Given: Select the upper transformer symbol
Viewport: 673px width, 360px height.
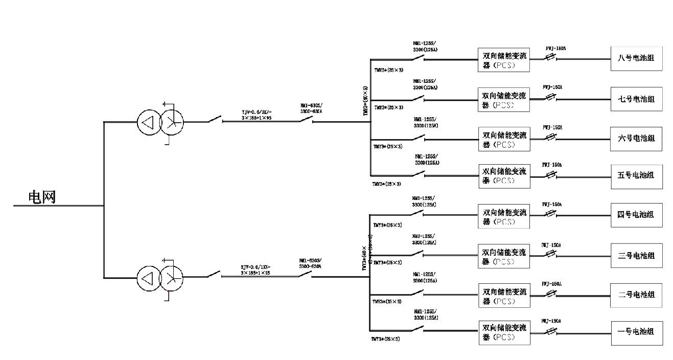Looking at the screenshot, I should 160,122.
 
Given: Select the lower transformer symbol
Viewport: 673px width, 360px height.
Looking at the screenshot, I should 160,278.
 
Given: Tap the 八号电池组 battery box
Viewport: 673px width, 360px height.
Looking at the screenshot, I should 636,59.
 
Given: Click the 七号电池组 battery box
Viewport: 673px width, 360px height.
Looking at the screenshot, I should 636,99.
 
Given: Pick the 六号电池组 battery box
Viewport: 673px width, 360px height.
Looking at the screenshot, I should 636,139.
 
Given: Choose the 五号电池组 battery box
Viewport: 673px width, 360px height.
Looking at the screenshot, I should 636,175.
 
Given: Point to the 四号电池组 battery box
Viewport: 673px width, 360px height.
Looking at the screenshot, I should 636,215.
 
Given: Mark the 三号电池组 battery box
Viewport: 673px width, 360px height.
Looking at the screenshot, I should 636,255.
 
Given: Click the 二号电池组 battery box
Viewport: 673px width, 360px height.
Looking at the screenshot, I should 636,295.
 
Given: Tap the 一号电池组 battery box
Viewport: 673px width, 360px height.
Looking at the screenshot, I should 636,332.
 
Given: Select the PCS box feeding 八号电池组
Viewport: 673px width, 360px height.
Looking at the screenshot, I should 504,59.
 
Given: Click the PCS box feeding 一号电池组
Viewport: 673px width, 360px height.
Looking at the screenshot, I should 504,332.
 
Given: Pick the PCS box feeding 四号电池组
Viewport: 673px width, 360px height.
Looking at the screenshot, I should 504,216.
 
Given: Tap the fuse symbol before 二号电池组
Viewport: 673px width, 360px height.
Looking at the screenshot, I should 551,294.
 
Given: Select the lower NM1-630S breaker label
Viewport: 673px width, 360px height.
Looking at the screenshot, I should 311,263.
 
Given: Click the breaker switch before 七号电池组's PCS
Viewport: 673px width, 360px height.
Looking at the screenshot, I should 419,98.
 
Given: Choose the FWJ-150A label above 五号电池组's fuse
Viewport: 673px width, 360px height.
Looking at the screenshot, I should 552,165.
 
